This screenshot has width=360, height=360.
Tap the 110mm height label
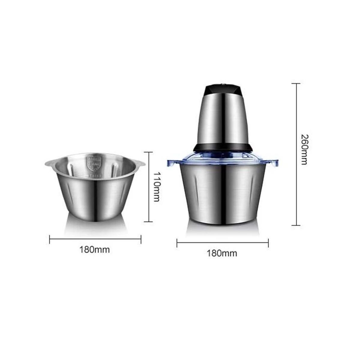156,187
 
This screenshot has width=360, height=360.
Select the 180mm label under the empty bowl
95,250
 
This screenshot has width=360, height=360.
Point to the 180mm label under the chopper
222,253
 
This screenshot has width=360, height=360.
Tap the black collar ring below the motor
223,148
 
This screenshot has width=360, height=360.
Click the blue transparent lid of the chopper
223,159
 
